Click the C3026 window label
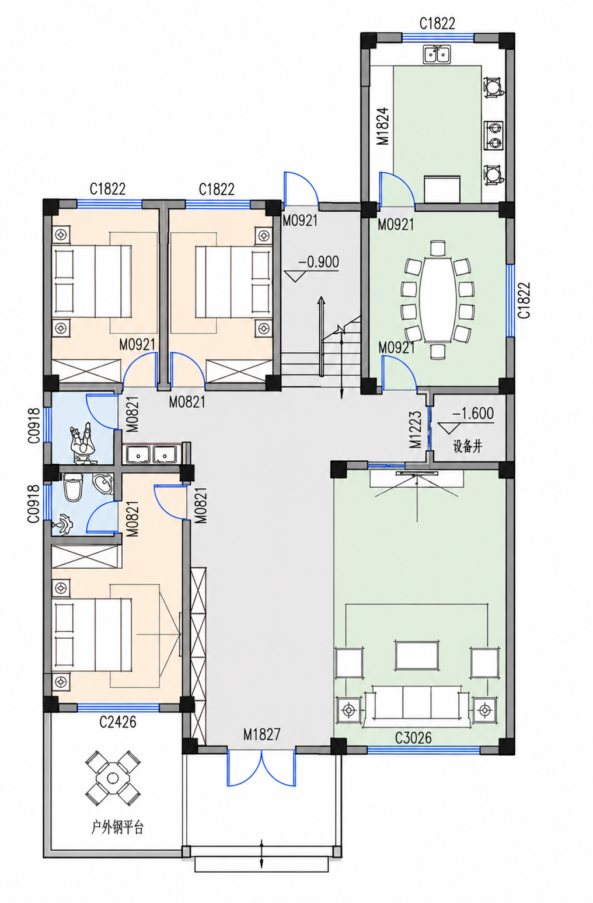tap(413, 738)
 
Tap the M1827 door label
tap(261, 734)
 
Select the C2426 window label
tap(118, 722)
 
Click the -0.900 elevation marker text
tap(318, 262)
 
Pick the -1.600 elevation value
tap(473, 413)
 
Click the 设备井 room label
tap(468, 446)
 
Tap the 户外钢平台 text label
tap(117, 828)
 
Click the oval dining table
tap(438, 299)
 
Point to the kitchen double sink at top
tap(437, 54)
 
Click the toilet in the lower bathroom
tap(73, 487)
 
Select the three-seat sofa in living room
tap(417, 707)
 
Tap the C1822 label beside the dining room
tap(524, 300)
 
